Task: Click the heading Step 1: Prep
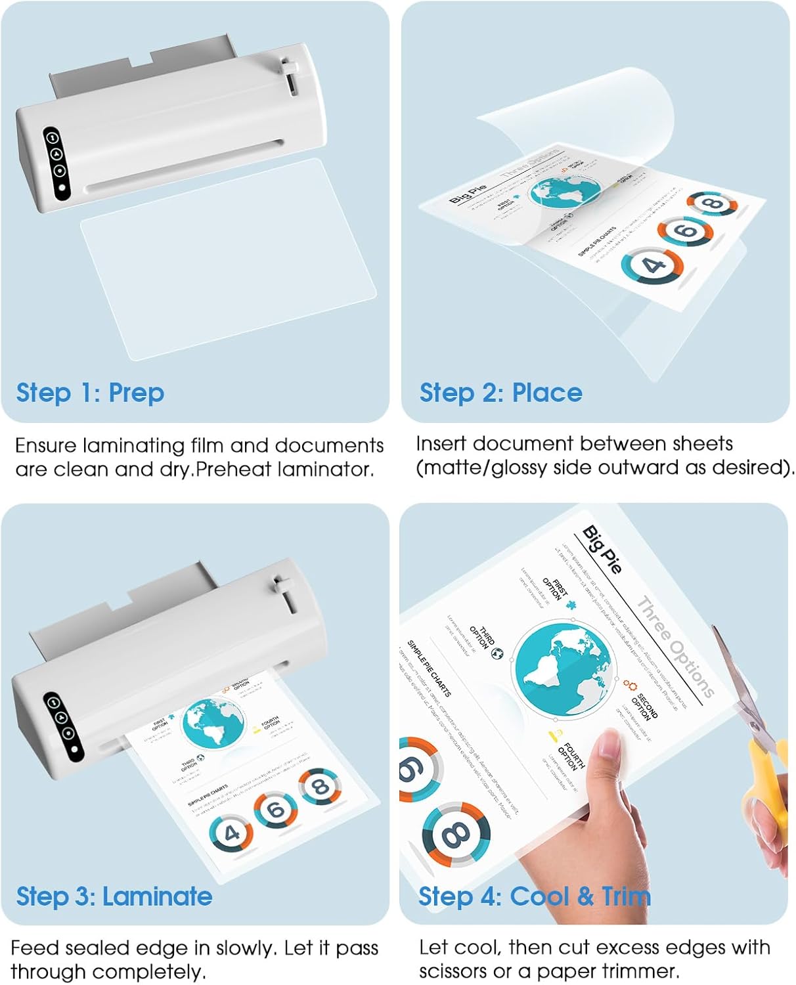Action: tap(90, 393)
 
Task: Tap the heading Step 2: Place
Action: tap(500, 393)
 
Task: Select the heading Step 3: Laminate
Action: tap(114, 896)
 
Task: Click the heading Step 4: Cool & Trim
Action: tap(534, 896)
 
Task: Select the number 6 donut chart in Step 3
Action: tap(276, 810)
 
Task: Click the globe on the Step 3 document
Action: tap(212, 724)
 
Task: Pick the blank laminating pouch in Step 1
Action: tap(227, 259)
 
